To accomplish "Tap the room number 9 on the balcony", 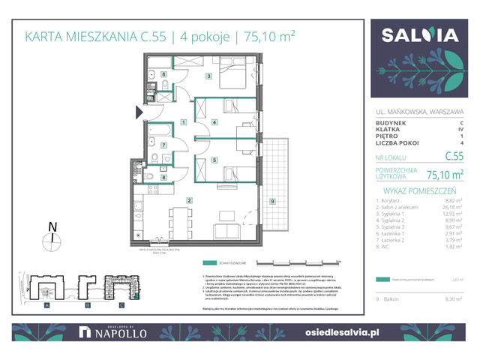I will tap(272, 200).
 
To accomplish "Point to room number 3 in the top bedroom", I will tap(210, 76).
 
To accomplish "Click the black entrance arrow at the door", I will tap(139, 112).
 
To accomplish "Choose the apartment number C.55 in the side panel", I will tap(453, 157).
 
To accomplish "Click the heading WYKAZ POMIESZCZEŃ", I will tap(421, 190).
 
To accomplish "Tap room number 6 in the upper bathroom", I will tap(163, 74).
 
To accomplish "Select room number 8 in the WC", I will tap(163, 177).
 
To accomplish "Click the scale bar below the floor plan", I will tap(304, 262).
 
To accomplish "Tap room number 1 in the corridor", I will tap(184, 122).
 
